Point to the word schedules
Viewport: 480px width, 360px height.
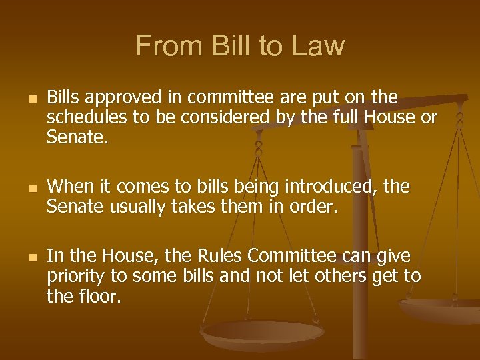[x=84, y=118]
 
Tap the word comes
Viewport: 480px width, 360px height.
[x=133, y=188]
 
